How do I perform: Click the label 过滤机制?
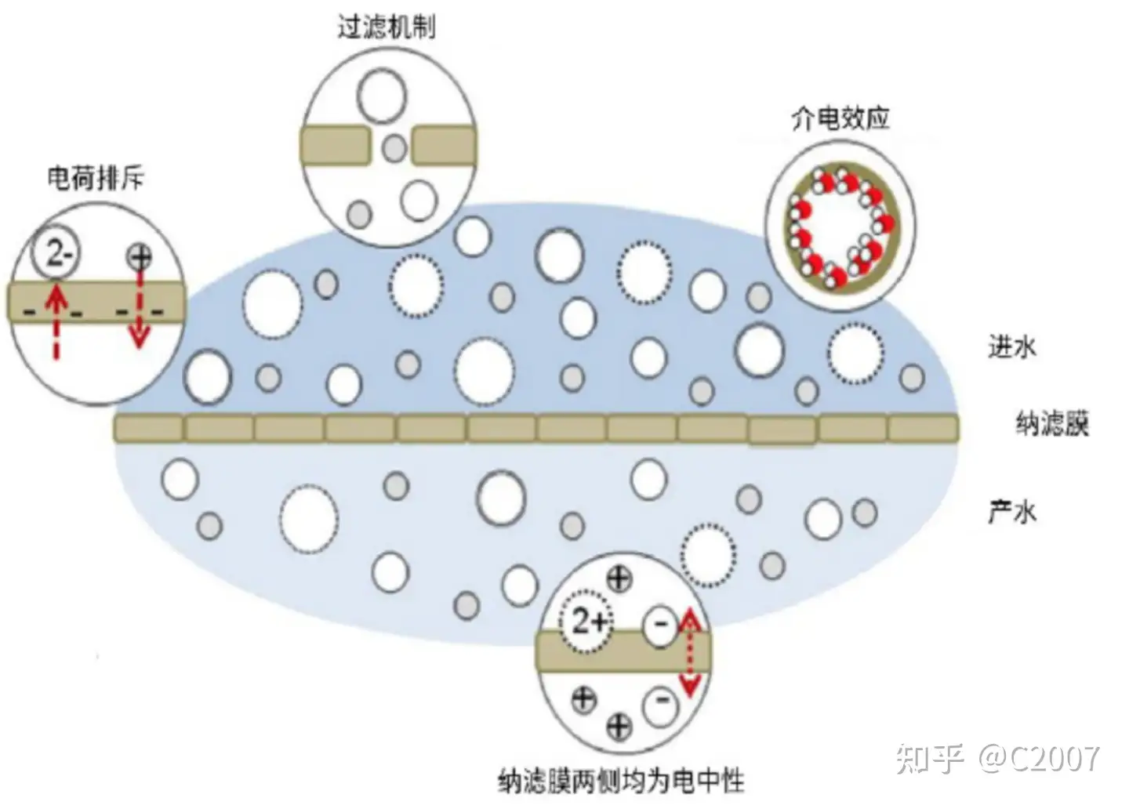386,27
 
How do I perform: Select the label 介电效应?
840,118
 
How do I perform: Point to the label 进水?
1011,346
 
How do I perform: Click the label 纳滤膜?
1052,424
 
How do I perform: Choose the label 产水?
1011,512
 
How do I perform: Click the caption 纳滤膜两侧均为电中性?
620,780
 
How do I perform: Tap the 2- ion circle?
56,252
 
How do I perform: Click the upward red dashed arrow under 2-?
55,321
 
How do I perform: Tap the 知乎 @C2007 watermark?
997,758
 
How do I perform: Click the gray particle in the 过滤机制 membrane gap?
394,147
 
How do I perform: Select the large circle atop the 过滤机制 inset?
382,96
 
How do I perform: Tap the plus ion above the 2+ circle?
619,579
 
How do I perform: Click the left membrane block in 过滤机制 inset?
335,146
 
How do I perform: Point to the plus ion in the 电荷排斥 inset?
140,256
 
